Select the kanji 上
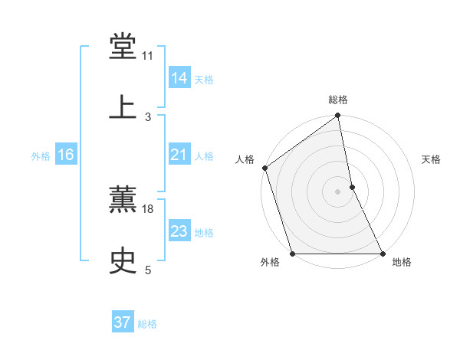pos(123,107)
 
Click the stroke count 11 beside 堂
pos(148,56)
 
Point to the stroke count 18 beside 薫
pos(148,209)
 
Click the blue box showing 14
pos(179,78)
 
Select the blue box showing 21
pos(179,155)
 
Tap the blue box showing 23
pos(179,231)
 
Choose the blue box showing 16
pos(66,155)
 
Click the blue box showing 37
pos(123,322)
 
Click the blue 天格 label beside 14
pos(204,80)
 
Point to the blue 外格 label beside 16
pos(41,156)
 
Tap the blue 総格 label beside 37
pos(147,324)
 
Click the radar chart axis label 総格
pos(338,100)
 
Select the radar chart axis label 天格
pos(432,159)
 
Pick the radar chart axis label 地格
pos(402,263)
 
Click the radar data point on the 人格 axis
pos(265,168)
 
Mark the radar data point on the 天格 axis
pos(352,187)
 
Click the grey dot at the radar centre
pos(338,191)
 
